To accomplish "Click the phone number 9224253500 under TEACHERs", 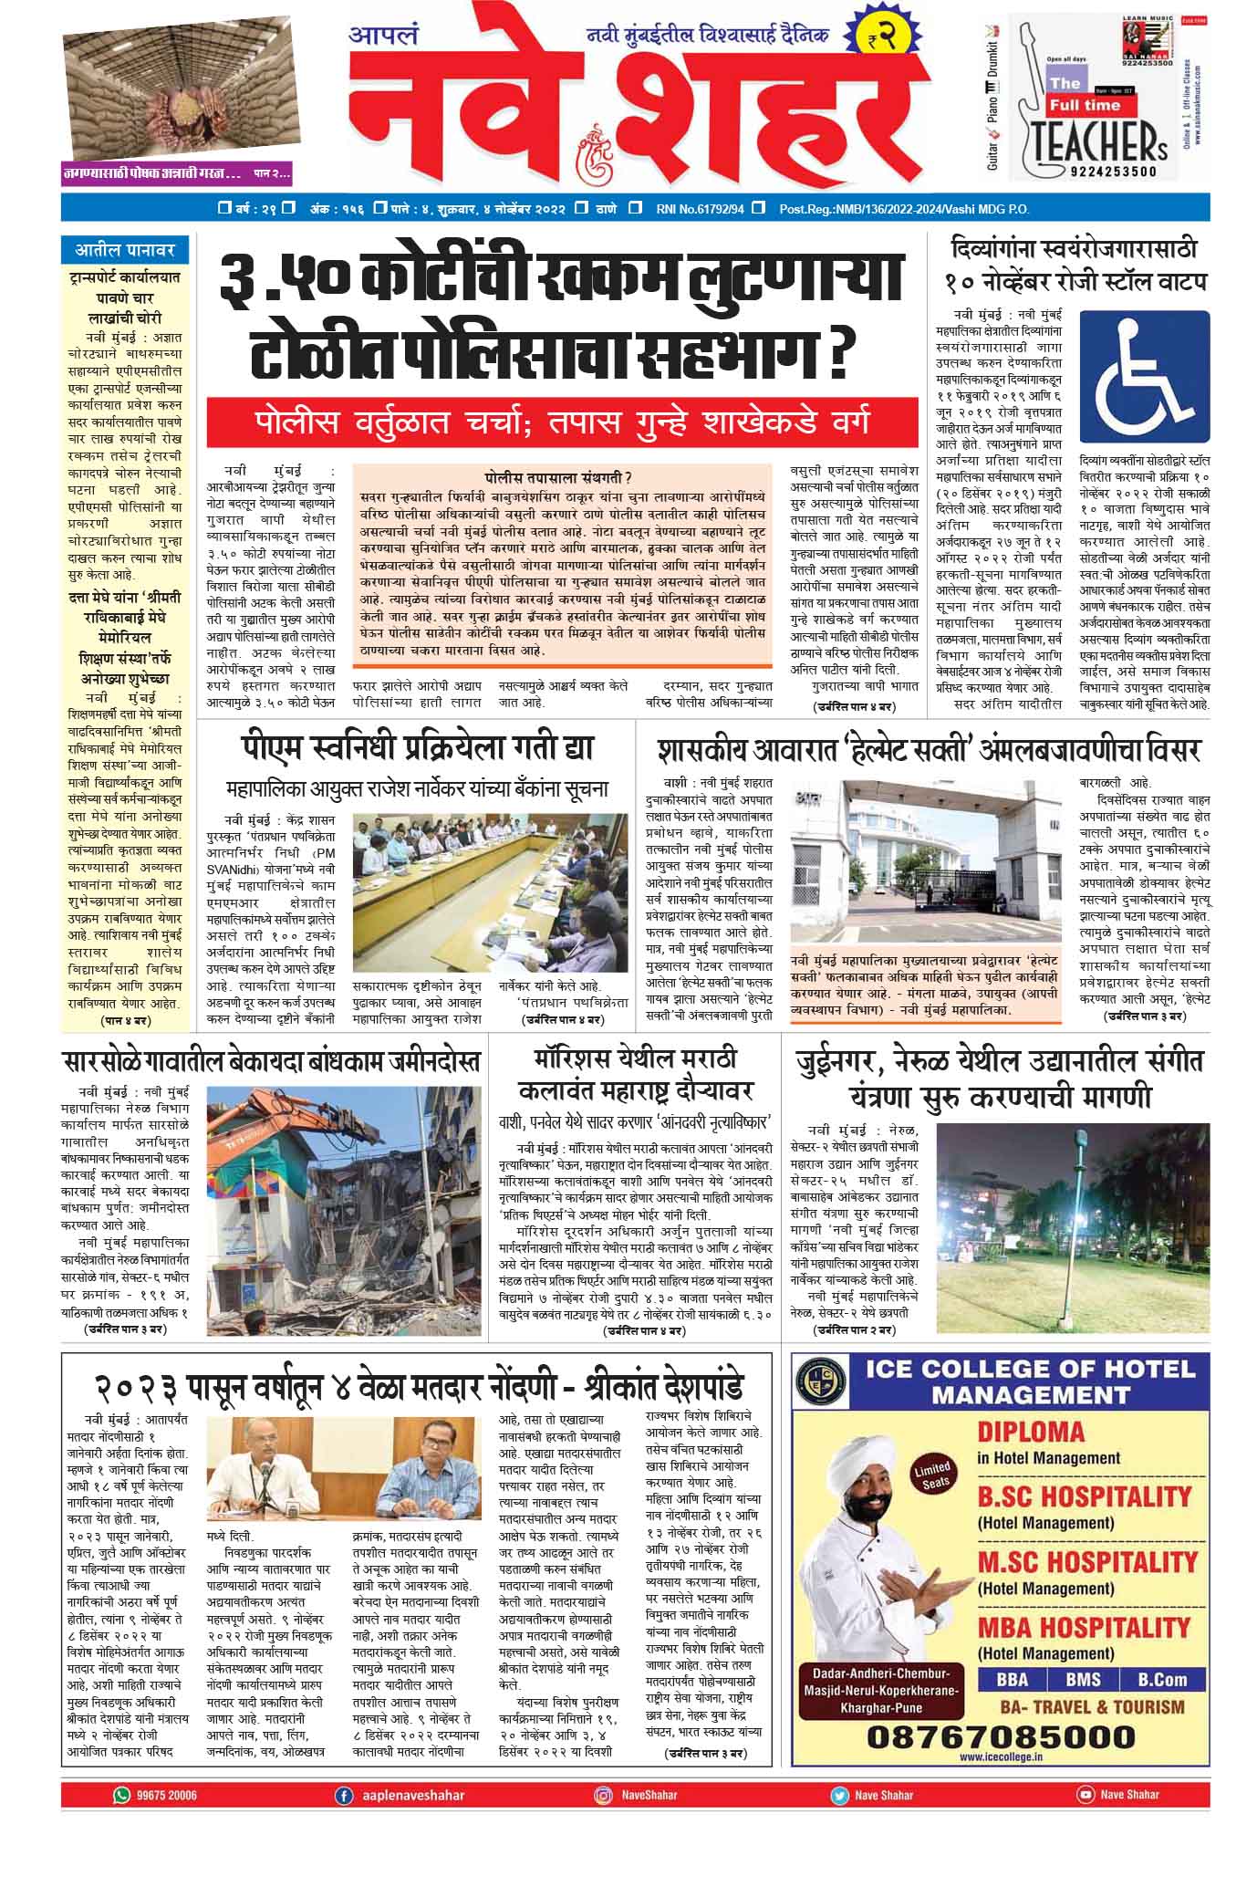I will click(1106, 171).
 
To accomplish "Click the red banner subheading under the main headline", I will click(562, 422).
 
